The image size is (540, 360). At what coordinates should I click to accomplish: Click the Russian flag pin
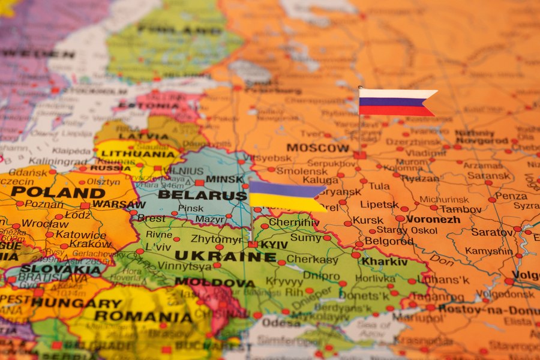[396, 102]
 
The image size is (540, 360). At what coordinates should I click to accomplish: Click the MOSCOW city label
[317, 148]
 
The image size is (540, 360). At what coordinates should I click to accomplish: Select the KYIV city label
[274, 245]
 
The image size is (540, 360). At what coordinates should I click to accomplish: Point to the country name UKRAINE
[226, 256]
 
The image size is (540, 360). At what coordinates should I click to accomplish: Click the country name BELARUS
[202, 195]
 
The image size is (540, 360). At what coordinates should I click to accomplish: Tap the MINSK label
[224, 179]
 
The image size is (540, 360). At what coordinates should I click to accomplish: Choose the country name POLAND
[58, 193]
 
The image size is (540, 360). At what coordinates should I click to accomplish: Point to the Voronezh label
[433, 219]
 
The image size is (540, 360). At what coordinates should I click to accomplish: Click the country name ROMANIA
[143, 316]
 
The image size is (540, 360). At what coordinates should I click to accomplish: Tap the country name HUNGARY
[76, 303]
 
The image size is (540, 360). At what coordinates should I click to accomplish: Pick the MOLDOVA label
[215, 282]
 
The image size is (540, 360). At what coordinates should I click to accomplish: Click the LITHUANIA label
[137, 154]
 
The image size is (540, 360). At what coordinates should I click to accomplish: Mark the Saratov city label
[491, 232]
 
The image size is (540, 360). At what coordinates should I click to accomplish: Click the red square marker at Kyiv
[253, 245]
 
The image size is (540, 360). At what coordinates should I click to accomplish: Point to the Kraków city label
[91, 244]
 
